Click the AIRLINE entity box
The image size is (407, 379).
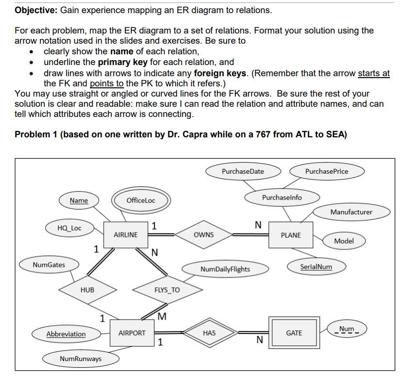point(125,234)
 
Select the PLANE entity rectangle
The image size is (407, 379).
point(291,235)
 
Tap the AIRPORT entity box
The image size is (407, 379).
point(132,333)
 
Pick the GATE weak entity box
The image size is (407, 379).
point(294,333)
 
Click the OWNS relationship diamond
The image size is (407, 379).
point(203,234)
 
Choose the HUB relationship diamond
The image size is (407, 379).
point(88,290)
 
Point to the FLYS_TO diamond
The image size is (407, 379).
point(167,290)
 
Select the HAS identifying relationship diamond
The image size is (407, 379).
point(209,333)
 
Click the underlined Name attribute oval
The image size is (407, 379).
point(79,200)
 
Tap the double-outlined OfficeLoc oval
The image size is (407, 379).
point(141,200)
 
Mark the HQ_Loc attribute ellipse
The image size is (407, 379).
point(70,228)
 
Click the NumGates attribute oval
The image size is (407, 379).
point(49,264)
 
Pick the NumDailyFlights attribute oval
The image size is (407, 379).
point(225,269)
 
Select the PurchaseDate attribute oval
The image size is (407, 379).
point(243,171)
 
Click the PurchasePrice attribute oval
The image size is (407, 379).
point(326,171)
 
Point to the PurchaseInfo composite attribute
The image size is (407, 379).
point(282,197)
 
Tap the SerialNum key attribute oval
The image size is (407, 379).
point(316,266)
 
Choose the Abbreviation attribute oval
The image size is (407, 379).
point(66,334)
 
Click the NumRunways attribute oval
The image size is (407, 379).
point(81,359)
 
